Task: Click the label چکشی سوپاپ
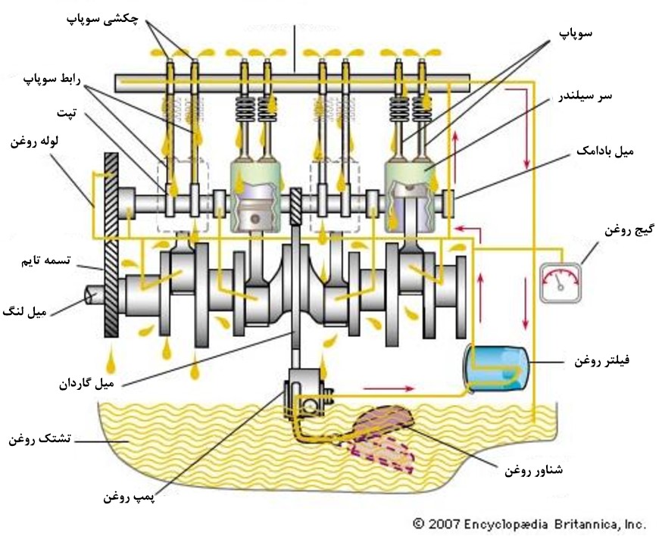pyautogui.click(x=102, y=20)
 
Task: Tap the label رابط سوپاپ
pyautogui.click(x=52, y=79)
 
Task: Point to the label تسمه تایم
pyautogui.click(x=45, y=260)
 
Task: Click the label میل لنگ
pyautogui.click(x=25, y=312)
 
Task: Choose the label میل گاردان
pyautogui.click(x=86, y=384)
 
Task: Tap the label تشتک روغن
pyautogui.click(x=40, y=439)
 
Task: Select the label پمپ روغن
pyautogui.click(x=130, y=497)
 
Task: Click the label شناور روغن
pyautogui.click(x=534, y=470)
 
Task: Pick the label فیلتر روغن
pyautogui.click(x=602, y=361)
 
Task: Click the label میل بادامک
pyautogui.click(x=605, y=151)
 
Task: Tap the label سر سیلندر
pyautogui.click(x=585, y=96)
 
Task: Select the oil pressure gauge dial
pyautogui.click(x=561, y=282)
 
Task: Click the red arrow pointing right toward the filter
pyautogui.click(x=389, y=389)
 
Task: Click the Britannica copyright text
pyautogui.click(x=529, y=524)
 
